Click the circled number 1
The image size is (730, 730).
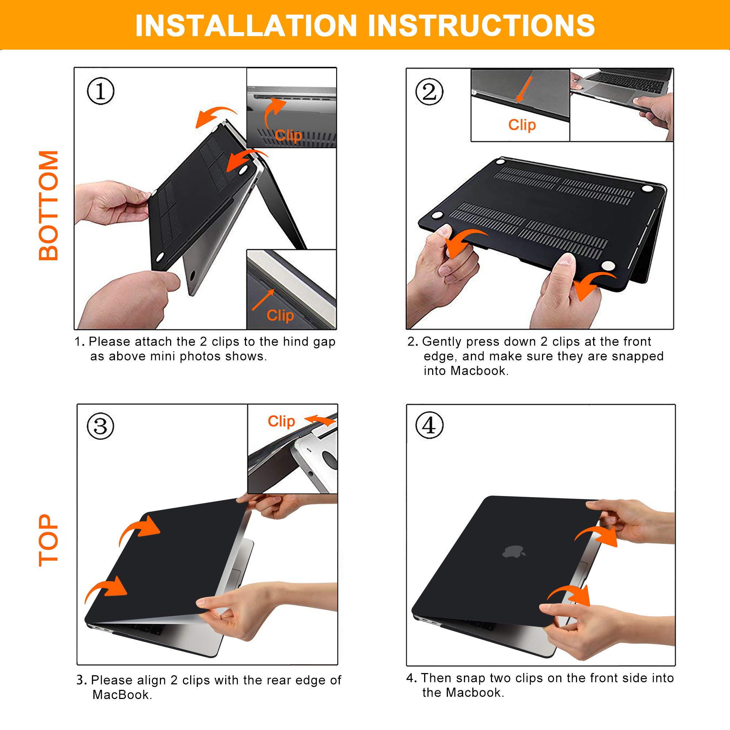pos(100,91)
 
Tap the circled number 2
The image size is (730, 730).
pos(429,92)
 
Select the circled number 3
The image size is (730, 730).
pos(100,426)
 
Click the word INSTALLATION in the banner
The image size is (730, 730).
pos(246,26)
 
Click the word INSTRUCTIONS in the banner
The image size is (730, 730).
pos(481,26)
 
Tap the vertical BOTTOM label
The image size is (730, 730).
pos(49,205)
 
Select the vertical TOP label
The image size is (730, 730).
pos(49,540)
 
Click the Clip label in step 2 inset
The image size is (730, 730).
pos(522,125)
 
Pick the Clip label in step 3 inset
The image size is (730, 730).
pos(281,421)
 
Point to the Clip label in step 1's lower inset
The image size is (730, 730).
pos(280,315)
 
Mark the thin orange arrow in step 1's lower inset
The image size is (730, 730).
pos(263,300)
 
